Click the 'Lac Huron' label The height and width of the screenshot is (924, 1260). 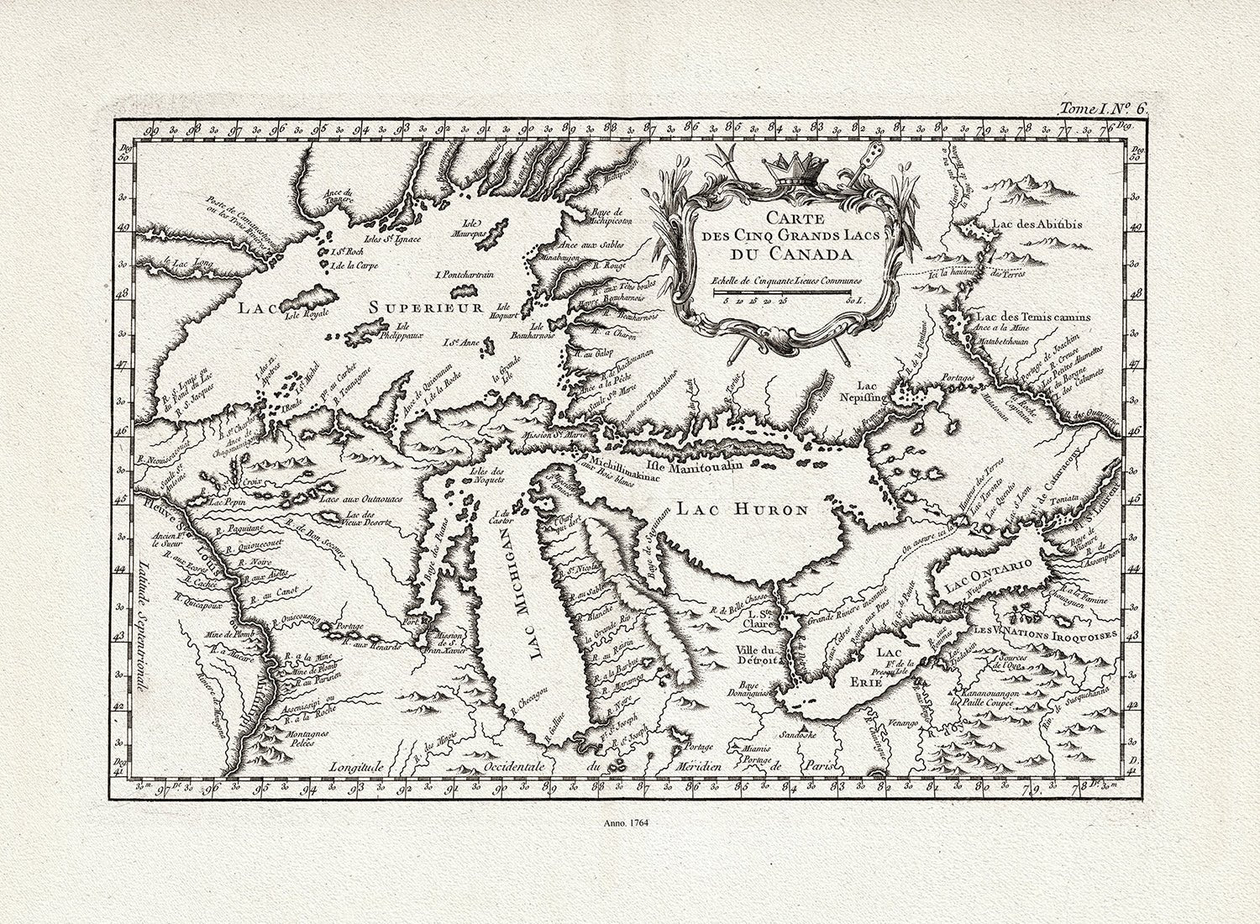[x=743, y=509]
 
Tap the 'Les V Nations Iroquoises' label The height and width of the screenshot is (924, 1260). [x=1045, y=631]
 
